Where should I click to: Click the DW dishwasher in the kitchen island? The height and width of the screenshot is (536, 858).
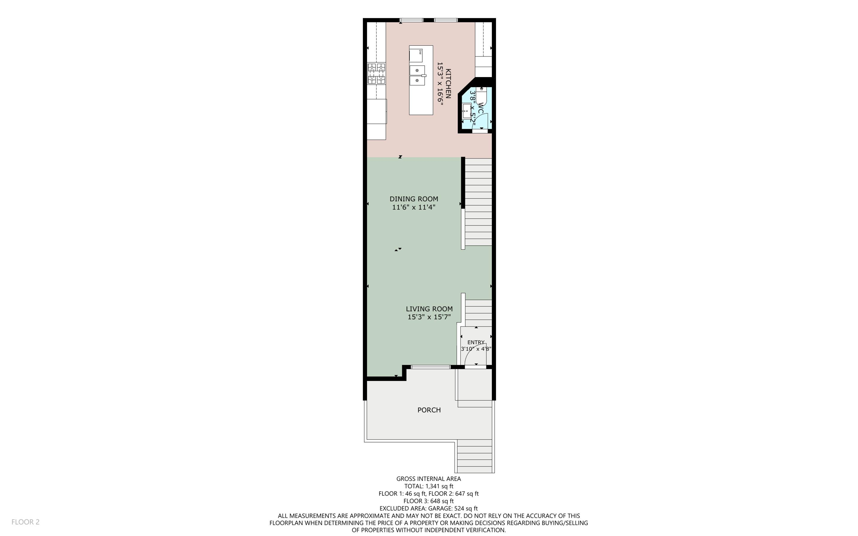pos(416,55)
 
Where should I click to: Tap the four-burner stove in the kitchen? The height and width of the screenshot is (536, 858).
pos(376,73)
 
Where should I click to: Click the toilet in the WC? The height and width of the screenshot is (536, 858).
pos(481,95)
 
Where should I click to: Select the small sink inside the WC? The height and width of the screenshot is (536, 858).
pos(465,111)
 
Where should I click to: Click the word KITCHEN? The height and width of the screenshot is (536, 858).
pos(448,83)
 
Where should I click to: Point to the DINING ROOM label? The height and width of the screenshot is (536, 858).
pos(413,199)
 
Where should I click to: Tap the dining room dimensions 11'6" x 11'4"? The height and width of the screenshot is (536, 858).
pos(413,207)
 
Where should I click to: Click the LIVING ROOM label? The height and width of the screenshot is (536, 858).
pos(429,309)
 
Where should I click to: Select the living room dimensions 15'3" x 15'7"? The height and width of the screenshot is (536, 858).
pos(429,317)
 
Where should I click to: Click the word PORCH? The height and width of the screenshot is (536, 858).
pos(429,410)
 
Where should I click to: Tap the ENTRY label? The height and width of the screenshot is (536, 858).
pos(476,342)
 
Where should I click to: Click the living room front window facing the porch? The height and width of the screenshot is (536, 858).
pos(430,367)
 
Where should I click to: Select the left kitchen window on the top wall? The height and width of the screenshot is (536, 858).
pos(411,20)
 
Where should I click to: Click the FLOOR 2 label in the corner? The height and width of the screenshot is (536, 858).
pos(26,522)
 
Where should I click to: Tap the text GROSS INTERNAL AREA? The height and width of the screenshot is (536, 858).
pos(428,479)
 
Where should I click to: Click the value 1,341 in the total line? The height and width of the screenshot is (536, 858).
pos(434,486)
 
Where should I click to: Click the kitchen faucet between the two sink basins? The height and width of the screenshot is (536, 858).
pos(423,75)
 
